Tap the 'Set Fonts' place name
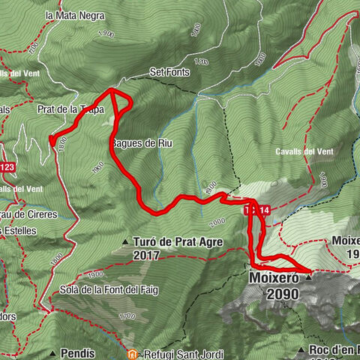point(169,72)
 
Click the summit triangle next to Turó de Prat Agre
point(125,241)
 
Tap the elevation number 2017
point(148,255)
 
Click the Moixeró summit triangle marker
point(308,275)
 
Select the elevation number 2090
point(282,294)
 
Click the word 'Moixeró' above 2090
point(273,278)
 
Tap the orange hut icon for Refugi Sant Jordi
point(132,352)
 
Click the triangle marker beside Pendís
point(53,352)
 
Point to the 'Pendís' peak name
point(76,352)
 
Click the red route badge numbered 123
point(7,166)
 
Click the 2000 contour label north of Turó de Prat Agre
point(217,223)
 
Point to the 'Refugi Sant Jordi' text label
point(182,352)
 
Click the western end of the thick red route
point(52,138)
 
